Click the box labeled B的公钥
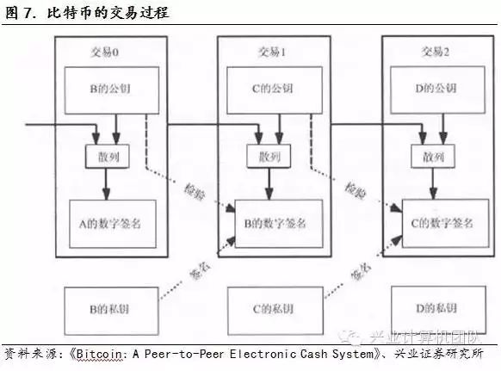[112, 90]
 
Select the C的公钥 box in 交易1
[275, 90]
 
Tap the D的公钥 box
[438, 90]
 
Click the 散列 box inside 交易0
[108, 157]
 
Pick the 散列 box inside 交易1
[269, 157]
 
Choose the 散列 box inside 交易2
[433, 157]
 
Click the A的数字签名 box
[113, 224]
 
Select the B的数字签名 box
[279, 223]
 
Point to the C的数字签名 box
[445, 223]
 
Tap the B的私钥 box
[112, 311]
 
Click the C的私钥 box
[275, 310]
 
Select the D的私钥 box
[438, 310]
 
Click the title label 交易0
[104, 53]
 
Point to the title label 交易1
[272, 52]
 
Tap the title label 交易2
[436, 52]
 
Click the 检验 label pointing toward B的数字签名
[195, 192]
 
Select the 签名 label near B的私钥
[200, 272]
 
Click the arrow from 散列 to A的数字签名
[107, 184]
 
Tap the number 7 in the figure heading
[28, 14]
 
